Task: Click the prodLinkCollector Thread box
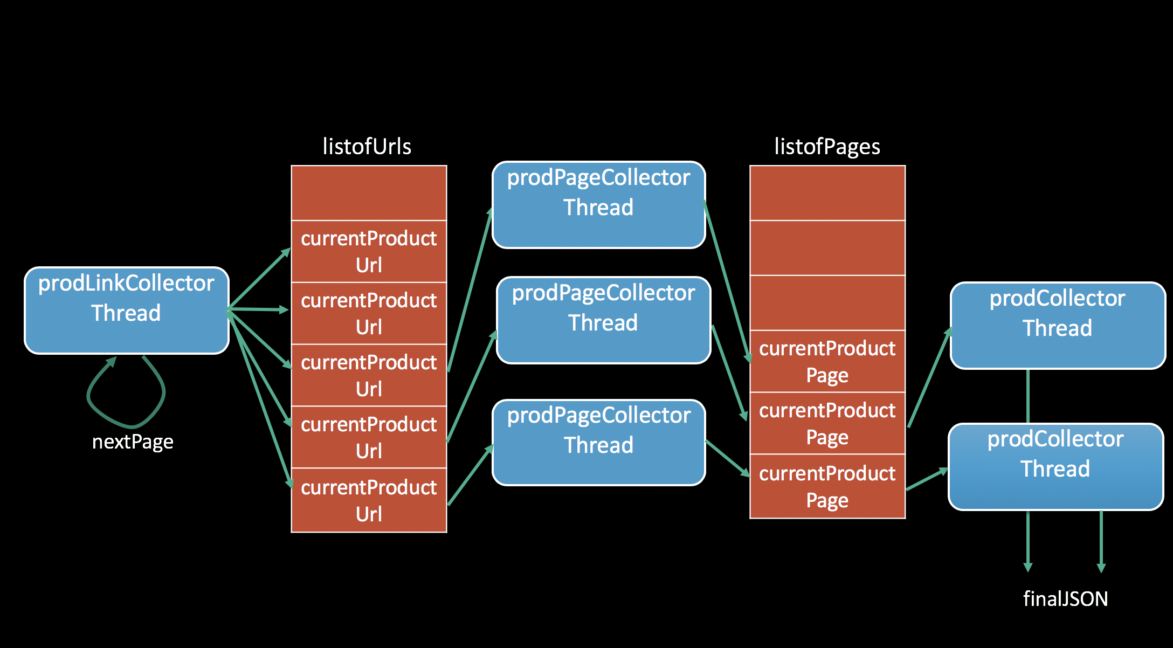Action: point(127,311)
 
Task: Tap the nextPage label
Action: point(133,442)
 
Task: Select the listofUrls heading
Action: point(367,147)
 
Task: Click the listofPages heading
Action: point(827,147)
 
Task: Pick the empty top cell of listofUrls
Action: point(369,193)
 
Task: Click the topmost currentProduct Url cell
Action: point(369,251)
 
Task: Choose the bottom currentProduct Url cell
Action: point(369,500)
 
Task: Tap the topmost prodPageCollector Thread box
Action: point(598,205)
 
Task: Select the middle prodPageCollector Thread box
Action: point(603,320)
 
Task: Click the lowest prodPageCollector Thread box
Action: point(598,443)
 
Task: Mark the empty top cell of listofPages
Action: point(827,193)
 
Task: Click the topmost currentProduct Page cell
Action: point(827,361)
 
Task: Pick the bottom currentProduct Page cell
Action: point(827,486)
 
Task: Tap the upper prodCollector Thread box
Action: point(1057,326)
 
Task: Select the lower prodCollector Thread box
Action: point(1055,467)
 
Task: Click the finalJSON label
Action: point(1065,599)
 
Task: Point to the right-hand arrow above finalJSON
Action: point(1101,542)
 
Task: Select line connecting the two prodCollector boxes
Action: point(1028,396)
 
